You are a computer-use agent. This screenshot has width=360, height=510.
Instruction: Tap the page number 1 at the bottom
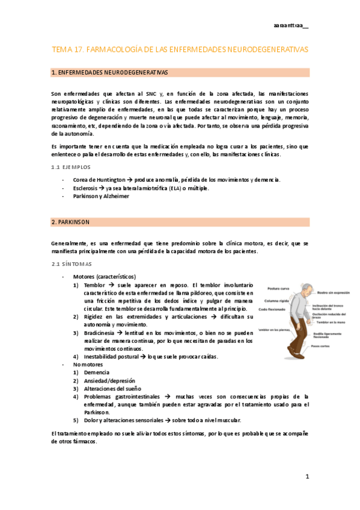307,477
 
